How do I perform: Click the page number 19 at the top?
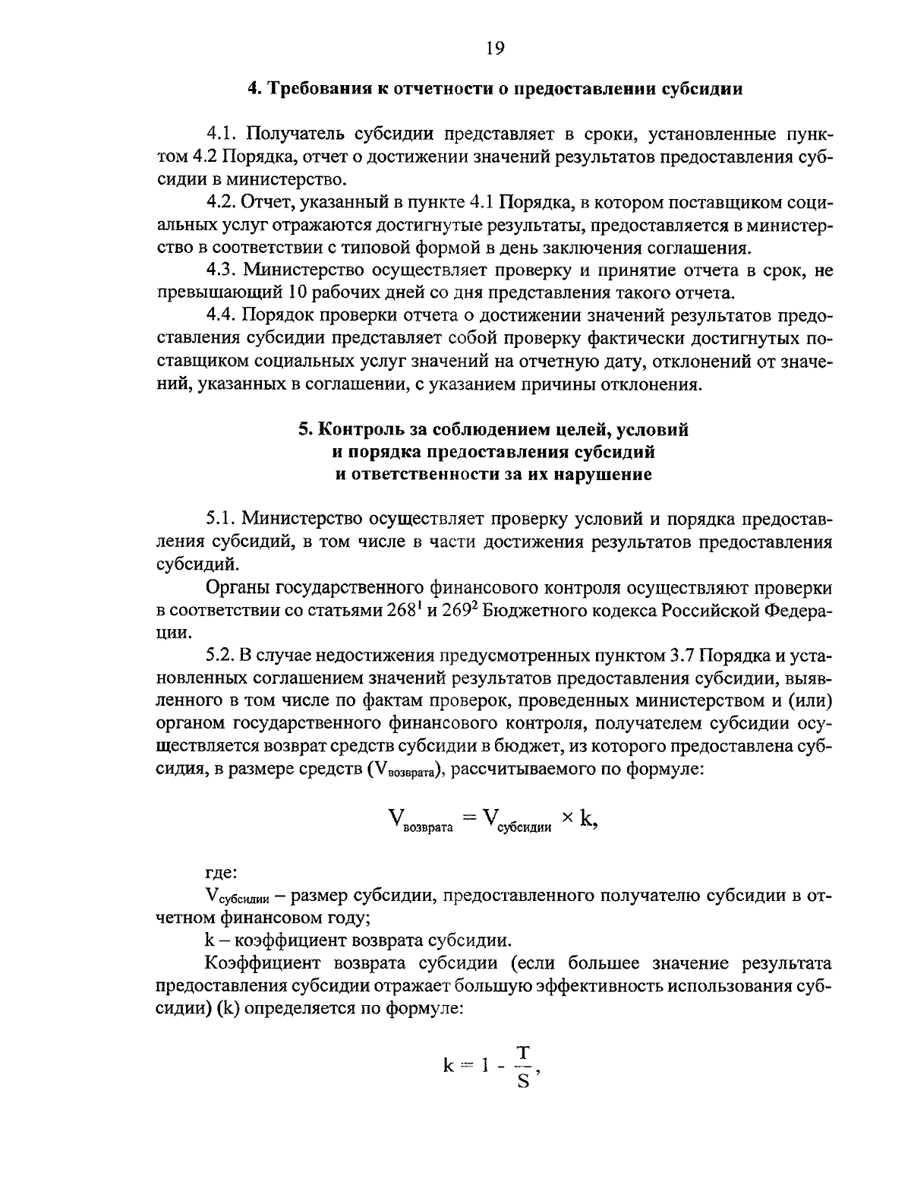click(494, 49)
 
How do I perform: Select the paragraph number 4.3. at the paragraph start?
click(222, 270)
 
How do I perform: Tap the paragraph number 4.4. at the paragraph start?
click(222, 315)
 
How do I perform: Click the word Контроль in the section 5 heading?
click(355, 430)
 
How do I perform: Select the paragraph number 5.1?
click(222, 520)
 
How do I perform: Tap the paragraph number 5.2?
click(222, 656)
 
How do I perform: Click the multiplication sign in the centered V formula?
click(566, 818)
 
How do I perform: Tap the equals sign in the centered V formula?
click(469, 818)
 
